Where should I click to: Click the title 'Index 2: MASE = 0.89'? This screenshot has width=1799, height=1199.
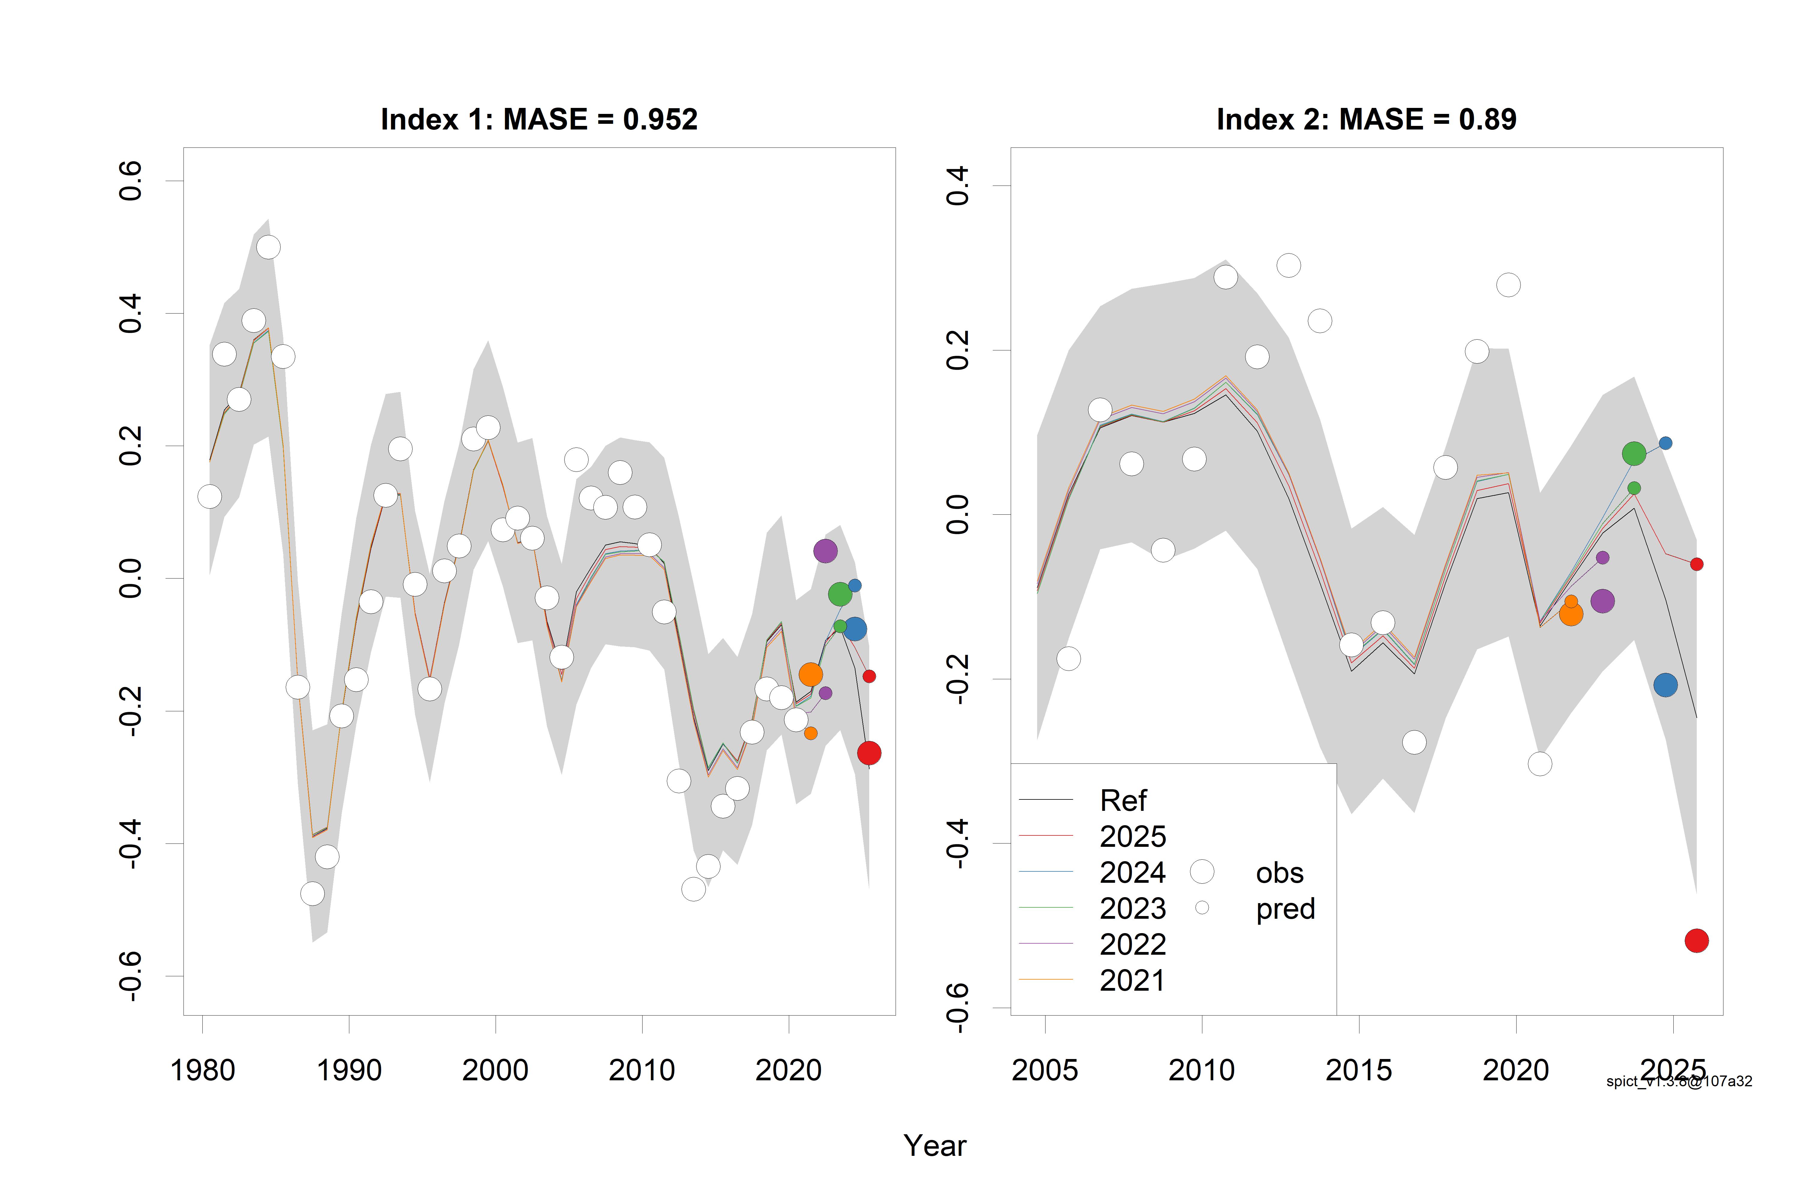point(1366,119)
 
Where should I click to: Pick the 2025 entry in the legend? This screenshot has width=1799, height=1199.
point(1132,837)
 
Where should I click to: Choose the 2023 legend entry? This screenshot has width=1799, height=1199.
point(1132,909)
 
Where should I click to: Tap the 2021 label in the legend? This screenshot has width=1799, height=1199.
point(1132,980)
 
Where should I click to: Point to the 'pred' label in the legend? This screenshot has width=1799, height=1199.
point(1285,909)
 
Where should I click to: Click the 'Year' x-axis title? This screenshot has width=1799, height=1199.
point(935,1145)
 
